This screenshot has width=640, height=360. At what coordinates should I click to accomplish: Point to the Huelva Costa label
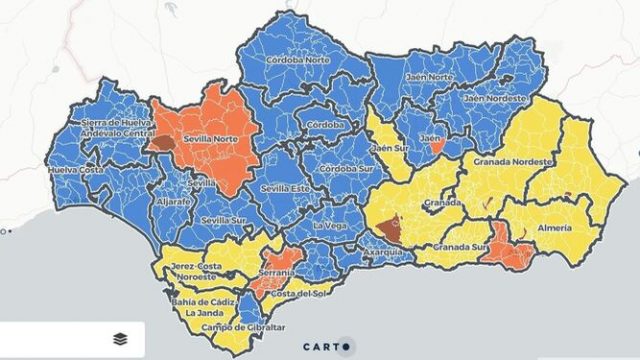(x=75, y=171)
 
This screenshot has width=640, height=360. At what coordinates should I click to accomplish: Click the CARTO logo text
(x=319, y=347)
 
